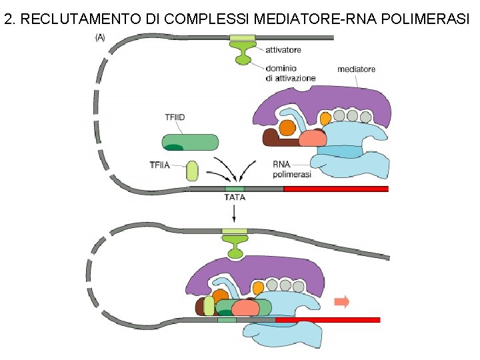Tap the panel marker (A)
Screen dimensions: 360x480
(x=99, y=38)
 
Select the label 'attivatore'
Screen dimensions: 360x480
(x=283, y=49)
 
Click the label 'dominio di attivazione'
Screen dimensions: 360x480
(x=290, y=72)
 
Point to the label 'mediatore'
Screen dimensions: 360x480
(x=356, y=69)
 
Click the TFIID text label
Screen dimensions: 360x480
(x=175, y=117)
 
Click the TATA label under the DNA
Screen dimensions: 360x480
(x=234, y=197)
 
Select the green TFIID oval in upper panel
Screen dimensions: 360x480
(x=190, y=142)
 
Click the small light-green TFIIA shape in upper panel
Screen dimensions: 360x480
(x=193, y=171)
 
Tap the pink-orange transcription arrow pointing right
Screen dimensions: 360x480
(x=341, y=302)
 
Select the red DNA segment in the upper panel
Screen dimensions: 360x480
(x=336, y=189)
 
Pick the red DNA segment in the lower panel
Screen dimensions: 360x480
(x=327, y=320)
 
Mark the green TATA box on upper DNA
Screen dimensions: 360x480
(x=234, y=189)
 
